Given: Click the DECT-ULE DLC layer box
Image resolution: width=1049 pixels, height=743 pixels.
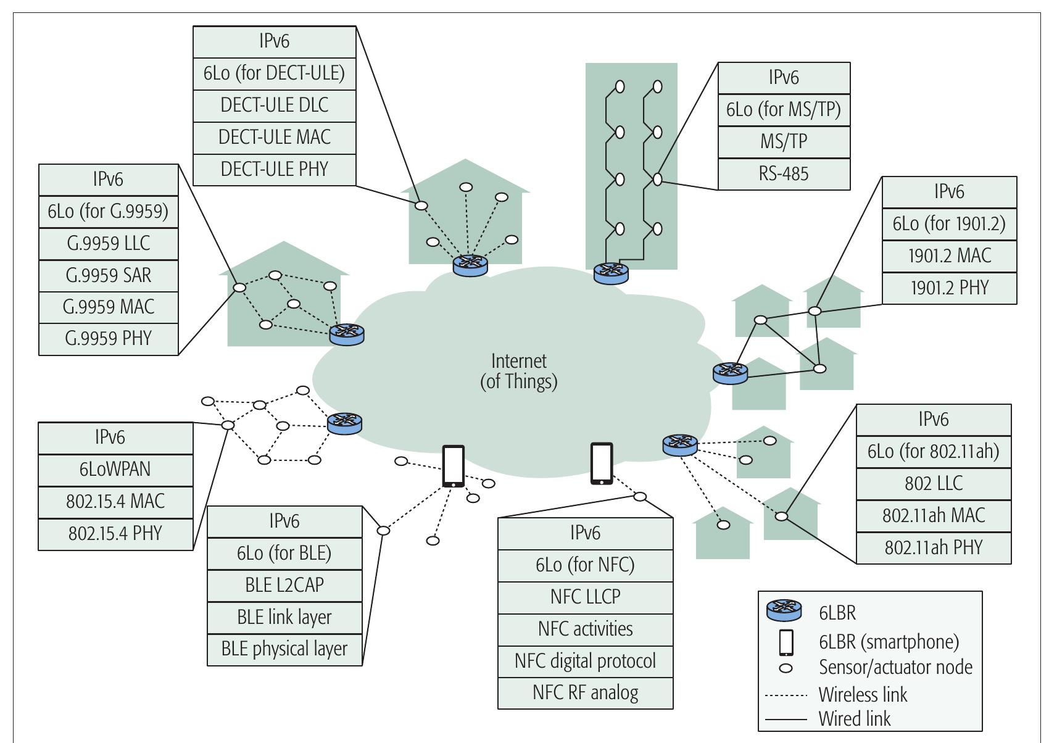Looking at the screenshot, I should [x=275, y=106].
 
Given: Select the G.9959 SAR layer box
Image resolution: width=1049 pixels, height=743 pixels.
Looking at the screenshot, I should [x=108, y=275].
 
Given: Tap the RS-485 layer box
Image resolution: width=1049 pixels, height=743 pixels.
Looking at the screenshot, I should [x=784, y=174].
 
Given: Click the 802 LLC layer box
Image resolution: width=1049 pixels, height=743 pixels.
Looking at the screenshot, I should [x=933, y=483].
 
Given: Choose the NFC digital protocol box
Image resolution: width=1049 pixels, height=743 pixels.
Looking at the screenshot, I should [x=585, y=661].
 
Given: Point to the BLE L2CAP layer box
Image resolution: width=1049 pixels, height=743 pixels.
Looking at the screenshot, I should [x=284, y=585].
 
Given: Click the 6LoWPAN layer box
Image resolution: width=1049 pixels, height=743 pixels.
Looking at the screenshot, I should [x=115, y=470].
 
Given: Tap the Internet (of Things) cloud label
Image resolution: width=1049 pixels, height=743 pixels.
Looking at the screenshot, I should [x=518, y=371].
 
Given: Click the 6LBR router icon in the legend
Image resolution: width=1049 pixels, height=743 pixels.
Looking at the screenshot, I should [x=784, y=611].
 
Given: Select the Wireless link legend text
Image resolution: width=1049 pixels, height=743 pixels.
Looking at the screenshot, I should [x=863, y=695].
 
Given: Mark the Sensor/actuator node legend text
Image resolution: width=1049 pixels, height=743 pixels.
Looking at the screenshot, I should [x=895, y=667].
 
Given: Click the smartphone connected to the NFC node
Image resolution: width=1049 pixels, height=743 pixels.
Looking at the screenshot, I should [x=602, y=463].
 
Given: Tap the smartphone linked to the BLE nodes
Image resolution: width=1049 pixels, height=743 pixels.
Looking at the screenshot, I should [x=454, y=467].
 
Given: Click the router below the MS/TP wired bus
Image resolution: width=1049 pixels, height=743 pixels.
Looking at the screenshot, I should [x=610, y=273].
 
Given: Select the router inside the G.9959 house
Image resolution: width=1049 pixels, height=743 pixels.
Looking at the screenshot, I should [x=347, y=334].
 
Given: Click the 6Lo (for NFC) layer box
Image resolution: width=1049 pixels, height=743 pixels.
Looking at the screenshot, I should [x=585, y=565].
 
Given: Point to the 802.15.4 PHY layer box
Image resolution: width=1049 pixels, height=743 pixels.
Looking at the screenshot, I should [x=115, y=534].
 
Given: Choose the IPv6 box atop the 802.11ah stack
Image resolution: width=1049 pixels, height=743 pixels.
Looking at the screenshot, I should [x=933, y=420].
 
